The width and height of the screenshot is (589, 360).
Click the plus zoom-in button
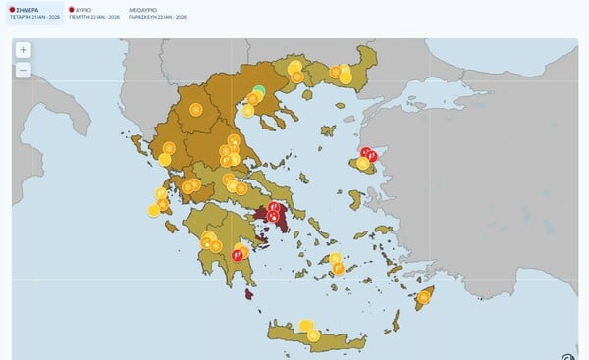23,50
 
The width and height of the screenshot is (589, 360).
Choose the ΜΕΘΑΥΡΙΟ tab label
146,9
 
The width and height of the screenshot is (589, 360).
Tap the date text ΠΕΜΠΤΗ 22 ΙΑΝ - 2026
93,17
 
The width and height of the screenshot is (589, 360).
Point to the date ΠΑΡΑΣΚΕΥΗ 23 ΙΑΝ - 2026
158,17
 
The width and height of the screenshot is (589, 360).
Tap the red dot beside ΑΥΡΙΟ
71,9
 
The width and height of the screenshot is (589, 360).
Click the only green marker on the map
259,92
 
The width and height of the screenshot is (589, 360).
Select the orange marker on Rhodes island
424,297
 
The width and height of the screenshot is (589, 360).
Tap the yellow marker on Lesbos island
363,163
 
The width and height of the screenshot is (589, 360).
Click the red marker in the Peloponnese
238,255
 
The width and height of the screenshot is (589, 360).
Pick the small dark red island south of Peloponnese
249,293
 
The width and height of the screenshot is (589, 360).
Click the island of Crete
314,334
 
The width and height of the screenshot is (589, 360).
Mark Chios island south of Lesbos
354,199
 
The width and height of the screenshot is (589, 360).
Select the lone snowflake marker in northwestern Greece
196,109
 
